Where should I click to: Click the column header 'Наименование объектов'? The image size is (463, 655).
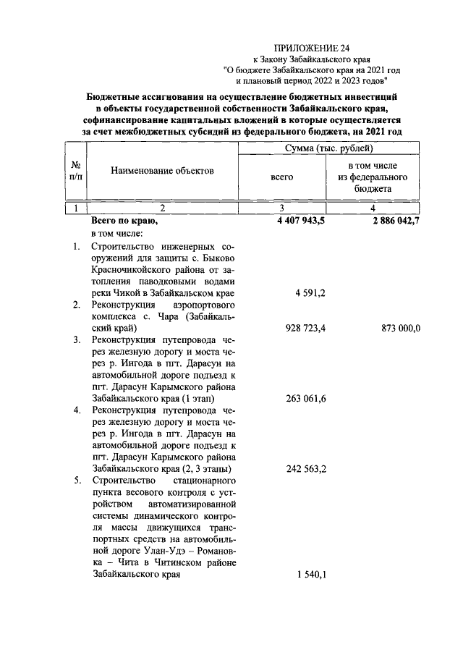[x=163, y=171]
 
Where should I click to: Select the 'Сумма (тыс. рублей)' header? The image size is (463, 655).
[x=329, y=148]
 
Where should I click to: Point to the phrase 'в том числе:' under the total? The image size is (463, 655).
[x=117, y=233]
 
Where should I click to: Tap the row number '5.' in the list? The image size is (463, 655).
[x=77, y=481]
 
